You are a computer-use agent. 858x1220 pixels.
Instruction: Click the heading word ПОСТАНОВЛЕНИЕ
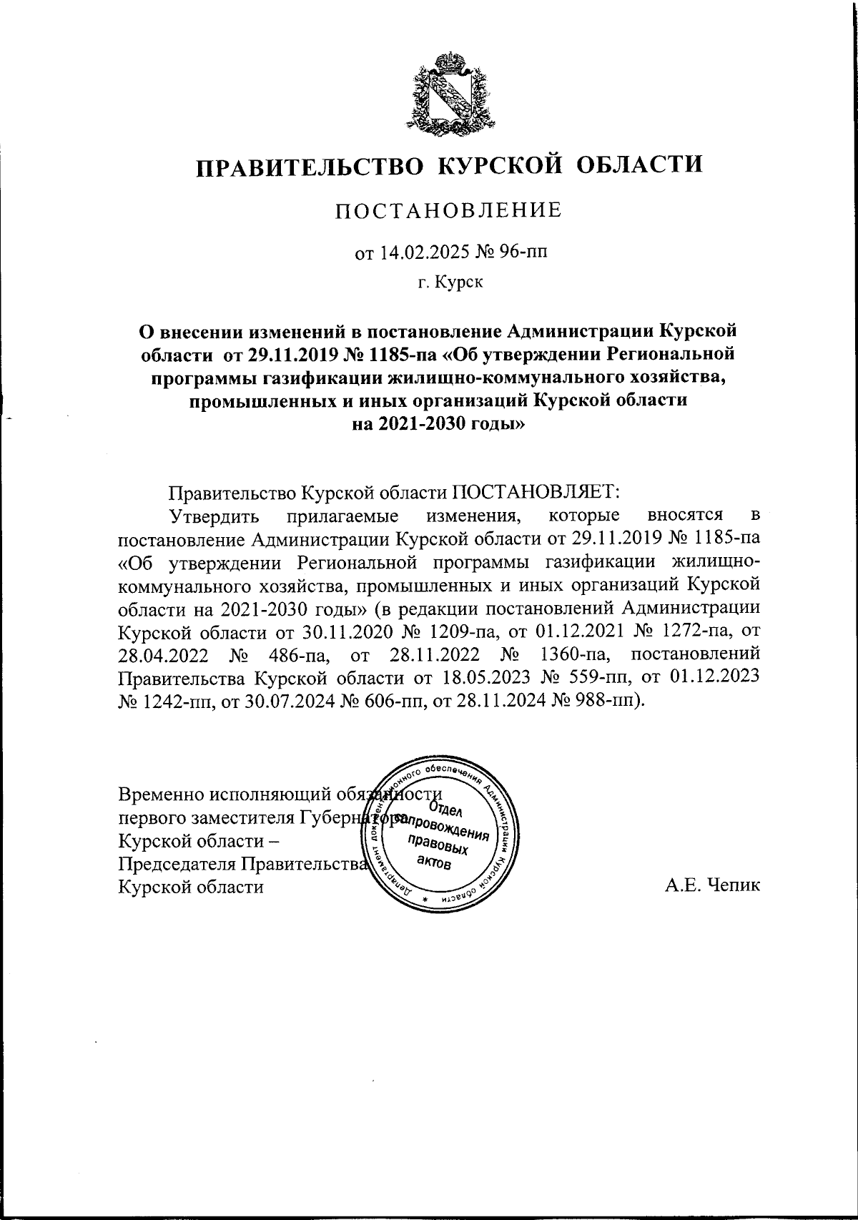[x=449, y=210]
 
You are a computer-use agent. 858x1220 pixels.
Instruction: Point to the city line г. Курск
[x=451, y=283]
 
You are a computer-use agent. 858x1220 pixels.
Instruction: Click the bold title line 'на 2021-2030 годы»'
[x=450, y=423]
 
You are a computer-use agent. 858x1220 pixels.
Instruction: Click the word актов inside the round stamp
[x=433, y=863]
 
